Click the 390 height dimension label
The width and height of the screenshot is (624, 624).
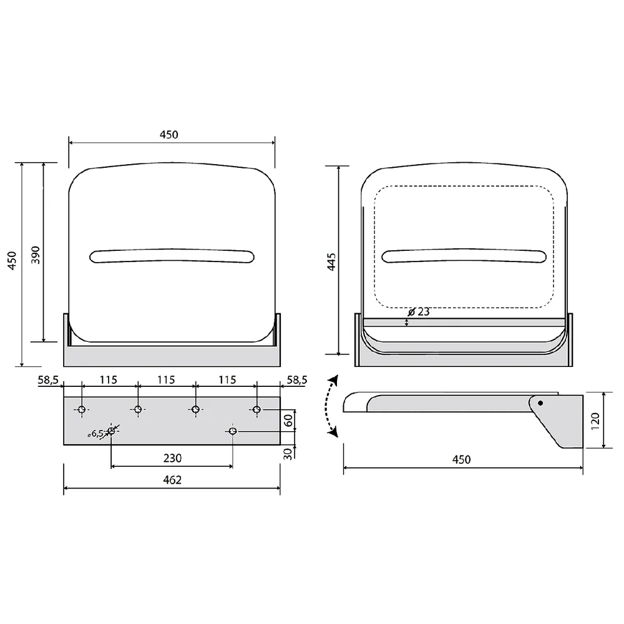(36, 255)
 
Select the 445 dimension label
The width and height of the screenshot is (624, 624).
(331, 262)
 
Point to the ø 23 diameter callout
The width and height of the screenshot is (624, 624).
(419, 311)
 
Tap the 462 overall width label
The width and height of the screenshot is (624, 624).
(172, 480)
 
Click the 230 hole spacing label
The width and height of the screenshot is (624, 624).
(172, 458)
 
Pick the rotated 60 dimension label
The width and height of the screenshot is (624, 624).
(288, 420)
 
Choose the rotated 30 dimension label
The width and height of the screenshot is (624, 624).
(288, 453)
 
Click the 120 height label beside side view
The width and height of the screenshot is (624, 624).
(595, 421)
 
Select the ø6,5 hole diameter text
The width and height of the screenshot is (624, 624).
(95, 434)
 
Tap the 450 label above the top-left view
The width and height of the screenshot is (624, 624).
(168, 135)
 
